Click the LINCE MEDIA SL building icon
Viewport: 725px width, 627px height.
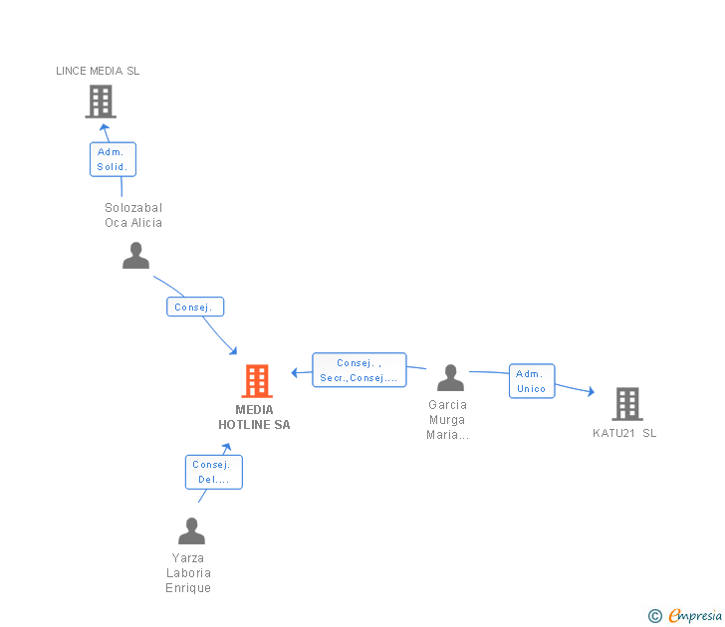click(101, 102)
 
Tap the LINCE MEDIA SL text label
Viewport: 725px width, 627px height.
click(98, 71)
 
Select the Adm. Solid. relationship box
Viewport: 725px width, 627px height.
click(113, 159)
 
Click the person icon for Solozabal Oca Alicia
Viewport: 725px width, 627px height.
click(135, 256)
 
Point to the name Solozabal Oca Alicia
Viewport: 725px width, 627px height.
click(133, 215)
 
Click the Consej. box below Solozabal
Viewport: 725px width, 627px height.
click(194, 307)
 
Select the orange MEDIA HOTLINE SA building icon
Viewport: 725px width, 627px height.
click(257, 381)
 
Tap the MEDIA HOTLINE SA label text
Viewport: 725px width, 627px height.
click(255, 417)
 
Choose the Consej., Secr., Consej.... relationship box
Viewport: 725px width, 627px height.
click(359, 370)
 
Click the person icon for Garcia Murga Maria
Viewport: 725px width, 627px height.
click(450, 378)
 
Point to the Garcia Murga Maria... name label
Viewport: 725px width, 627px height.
click(447, 419)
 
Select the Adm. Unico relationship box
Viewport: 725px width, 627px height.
click(532, 381)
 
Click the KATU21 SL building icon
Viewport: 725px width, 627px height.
click(626, 404)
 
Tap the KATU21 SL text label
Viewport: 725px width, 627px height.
click(624, 433)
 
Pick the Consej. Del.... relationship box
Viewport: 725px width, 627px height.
click(213, 472)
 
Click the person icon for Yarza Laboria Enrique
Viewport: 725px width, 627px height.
click(191, 530)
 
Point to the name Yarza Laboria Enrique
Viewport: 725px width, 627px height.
click(188, 573)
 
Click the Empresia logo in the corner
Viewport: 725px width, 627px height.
click(695, 615)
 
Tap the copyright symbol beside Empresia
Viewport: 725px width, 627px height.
click(655, 616)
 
